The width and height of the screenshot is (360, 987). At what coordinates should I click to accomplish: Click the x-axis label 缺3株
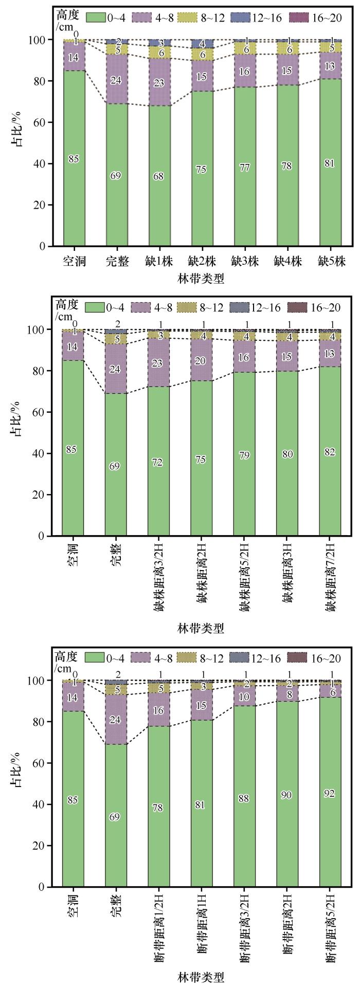point(244,262)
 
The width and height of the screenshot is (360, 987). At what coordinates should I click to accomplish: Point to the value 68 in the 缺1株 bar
point(158,176)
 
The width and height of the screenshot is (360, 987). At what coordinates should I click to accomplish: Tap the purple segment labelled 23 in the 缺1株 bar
point(158,82)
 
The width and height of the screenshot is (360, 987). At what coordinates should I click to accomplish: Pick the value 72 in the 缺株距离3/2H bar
point(157,463)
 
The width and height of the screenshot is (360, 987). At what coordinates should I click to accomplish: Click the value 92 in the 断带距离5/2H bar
point(330,793)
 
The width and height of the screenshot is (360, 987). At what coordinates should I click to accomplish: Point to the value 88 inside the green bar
point(244,798)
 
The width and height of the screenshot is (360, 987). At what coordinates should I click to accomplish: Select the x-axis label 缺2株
point(201,262)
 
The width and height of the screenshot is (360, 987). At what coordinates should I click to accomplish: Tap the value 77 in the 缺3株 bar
point(244,168)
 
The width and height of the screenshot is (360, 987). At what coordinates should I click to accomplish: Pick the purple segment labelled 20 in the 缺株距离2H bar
point(201,361)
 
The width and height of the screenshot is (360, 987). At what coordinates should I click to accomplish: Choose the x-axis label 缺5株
point(330,262)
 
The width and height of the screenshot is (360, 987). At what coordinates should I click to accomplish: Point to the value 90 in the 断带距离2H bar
point(287,795)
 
